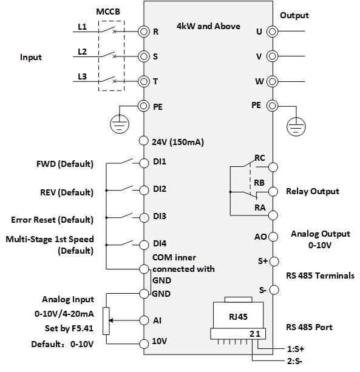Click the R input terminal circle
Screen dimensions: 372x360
point(144,31)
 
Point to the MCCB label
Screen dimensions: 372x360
point(108,12)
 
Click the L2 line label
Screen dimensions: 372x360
point(83,52)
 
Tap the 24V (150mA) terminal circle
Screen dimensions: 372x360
point(144,141)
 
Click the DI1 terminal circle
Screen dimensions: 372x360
point(144,163)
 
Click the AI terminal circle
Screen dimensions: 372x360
point(144,319)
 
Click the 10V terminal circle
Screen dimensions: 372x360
point(144,341)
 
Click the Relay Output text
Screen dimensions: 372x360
point(312,192)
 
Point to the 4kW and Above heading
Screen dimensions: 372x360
point(208,26)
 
